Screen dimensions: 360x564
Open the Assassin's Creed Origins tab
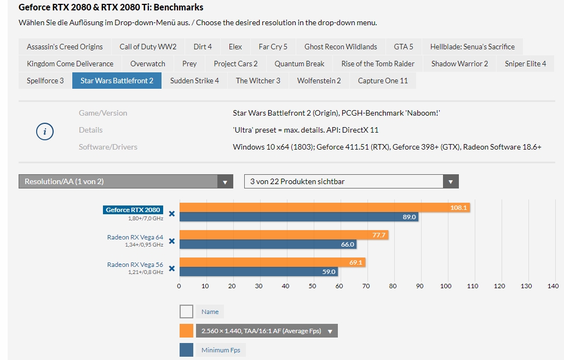(65, 47)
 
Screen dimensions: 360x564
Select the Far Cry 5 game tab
(273, 47)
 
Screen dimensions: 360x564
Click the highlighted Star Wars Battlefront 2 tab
(117, 81)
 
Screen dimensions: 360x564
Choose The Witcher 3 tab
(258, 81)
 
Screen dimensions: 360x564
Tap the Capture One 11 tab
(383, 81)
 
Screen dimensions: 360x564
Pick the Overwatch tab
(148, 64)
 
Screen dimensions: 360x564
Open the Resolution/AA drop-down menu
(126, 181)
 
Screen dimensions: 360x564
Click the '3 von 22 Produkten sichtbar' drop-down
(351, 181)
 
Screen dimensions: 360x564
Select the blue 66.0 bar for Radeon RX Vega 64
(268, 244)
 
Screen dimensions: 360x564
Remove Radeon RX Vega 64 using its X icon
(171, 241)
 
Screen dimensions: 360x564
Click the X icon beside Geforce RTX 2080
(171, 214)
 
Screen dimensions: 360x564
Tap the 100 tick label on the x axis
(446, 286)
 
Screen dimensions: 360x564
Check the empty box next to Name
(186, 312)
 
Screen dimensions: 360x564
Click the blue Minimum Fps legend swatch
(186, 350)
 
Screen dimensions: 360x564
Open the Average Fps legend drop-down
(330, 331)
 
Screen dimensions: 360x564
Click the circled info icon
(44, 132)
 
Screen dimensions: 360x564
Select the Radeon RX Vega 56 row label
(135, 265)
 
